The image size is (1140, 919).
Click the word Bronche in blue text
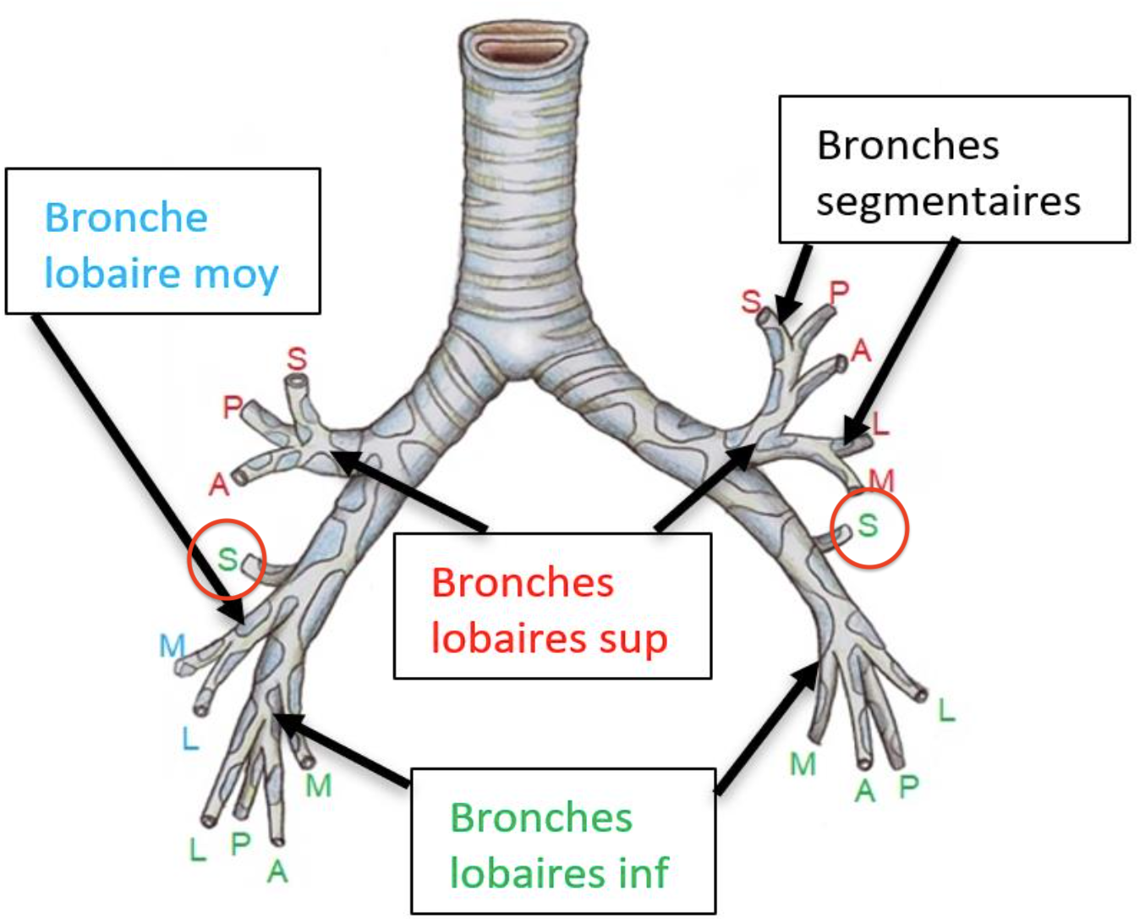(x=126, y=218)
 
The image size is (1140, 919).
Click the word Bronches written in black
(x=907, y=146)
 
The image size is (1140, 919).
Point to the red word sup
(x=633, y=639)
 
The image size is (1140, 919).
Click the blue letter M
(x=172, y=647)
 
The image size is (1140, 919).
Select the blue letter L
(x=190, y=740)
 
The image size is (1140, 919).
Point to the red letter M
(x=881, y=481)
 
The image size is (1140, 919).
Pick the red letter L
(x=880, y=423)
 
